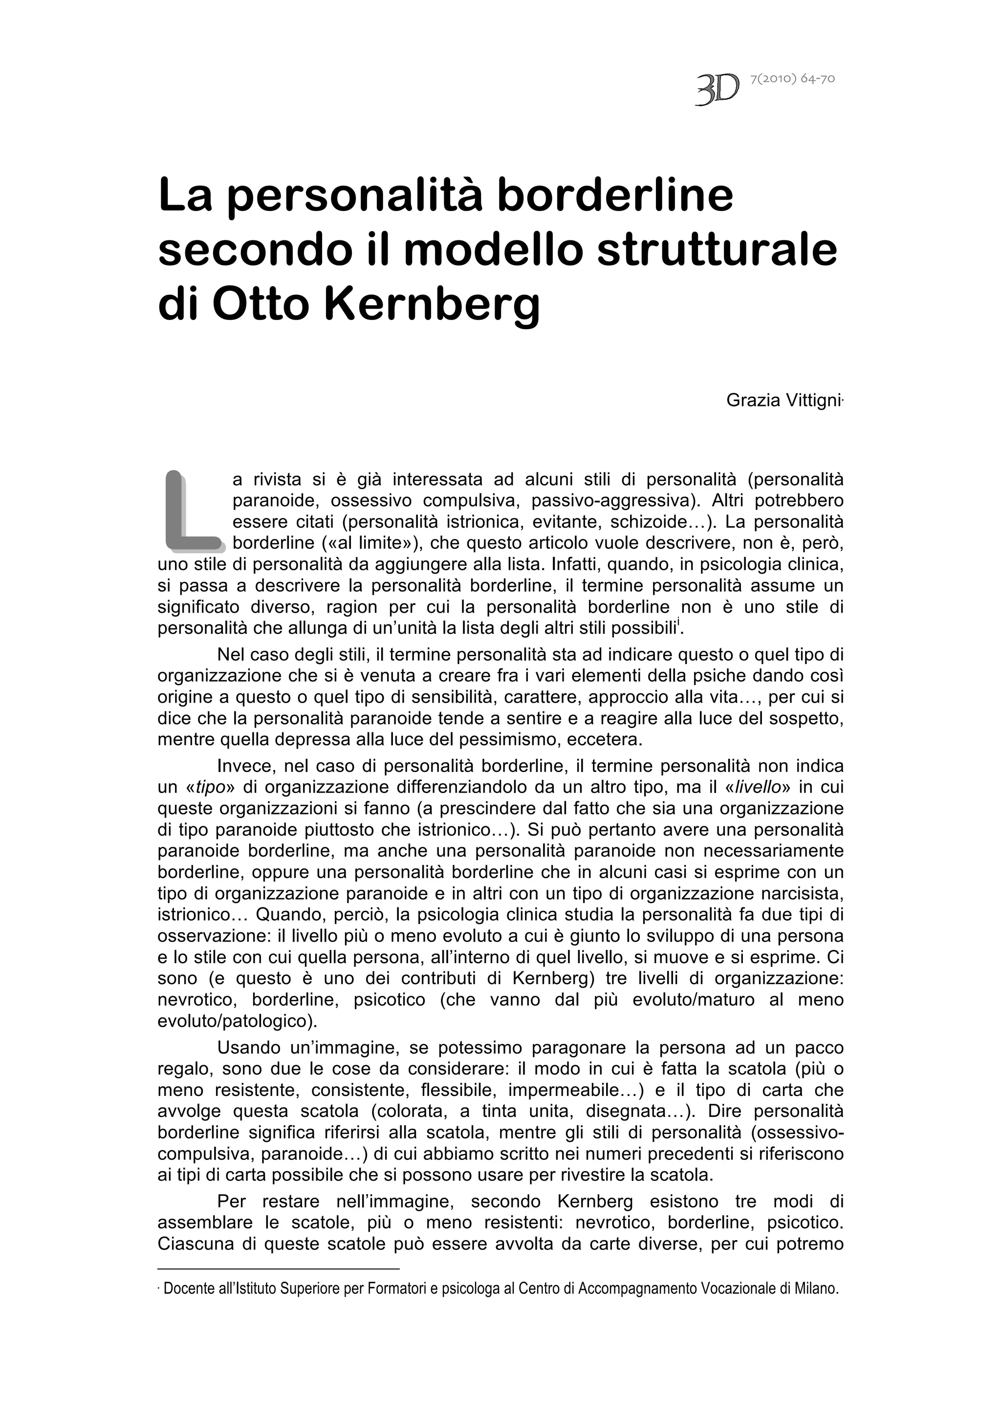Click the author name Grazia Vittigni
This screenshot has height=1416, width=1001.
click(783, 400)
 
